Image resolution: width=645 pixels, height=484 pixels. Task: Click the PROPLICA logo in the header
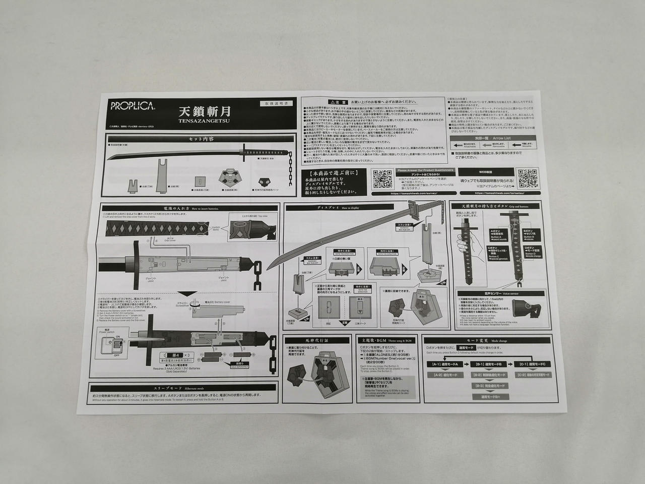click(127, 107)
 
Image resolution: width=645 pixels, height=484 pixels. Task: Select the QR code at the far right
click(528, 178)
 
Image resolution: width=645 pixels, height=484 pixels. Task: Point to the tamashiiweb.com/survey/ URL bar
click(414, 193)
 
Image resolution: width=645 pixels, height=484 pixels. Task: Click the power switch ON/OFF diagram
click(113, 347)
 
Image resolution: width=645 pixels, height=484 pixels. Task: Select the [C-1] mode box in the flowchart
click(534, 364)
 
